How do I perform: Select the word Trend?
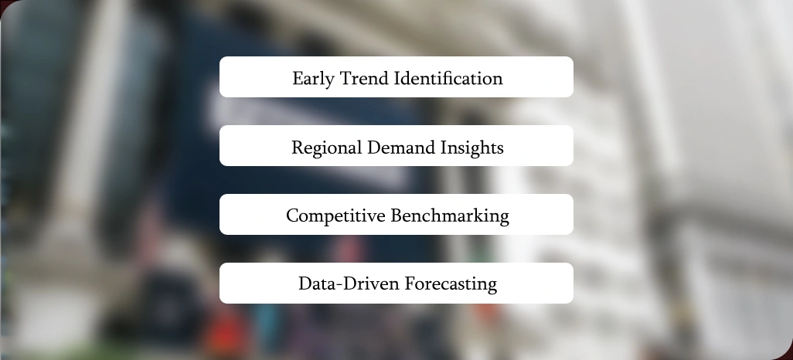tap(363, 79)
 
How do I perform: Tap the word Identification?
tap(449, 79)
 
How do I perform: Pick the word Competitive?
tap(335, 216)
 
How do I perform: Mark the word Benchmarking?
tap(450, 216)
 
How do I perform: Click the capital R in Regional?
tap(297, 148)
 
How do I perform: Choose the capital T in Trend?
tap(344, 79)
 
